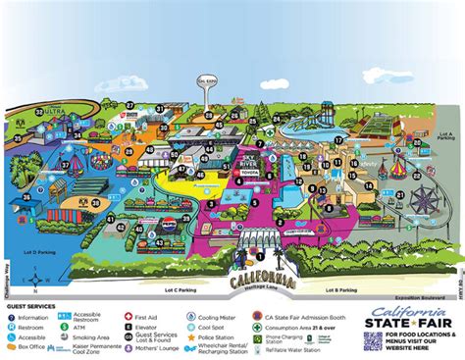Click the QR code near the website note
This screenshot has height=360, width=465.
[373, 340]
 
